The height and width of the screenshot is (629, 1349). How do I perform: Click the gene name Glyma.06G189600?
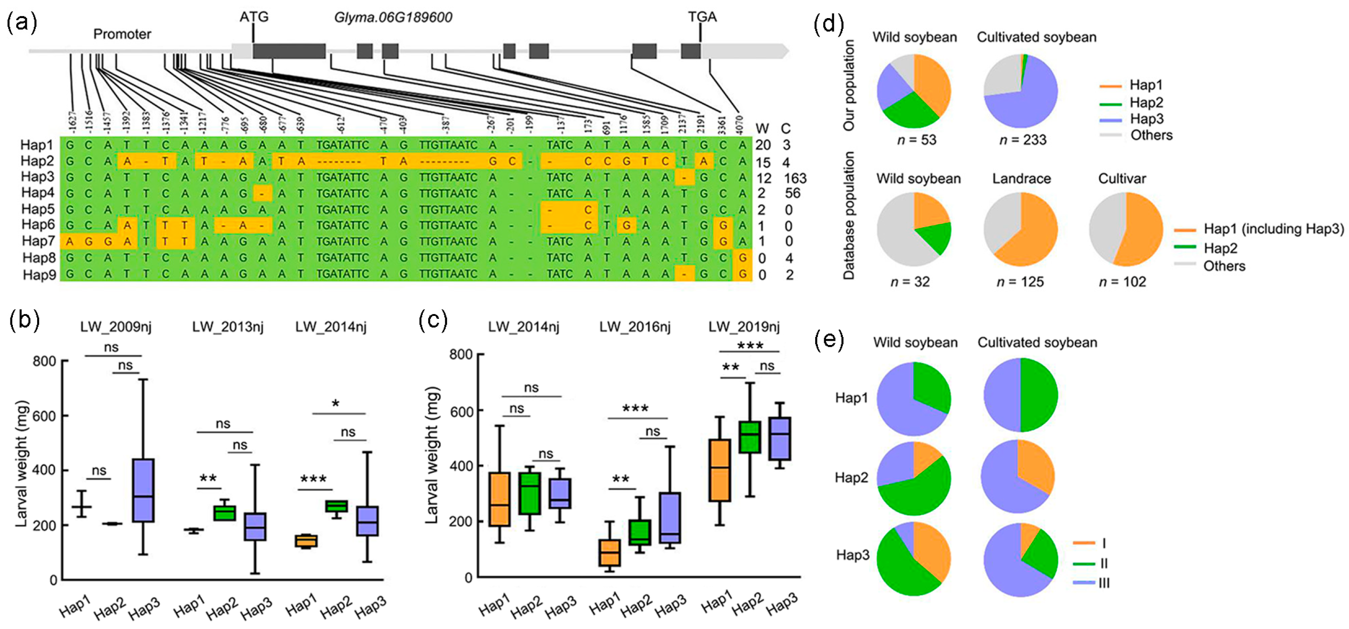pos(393,17)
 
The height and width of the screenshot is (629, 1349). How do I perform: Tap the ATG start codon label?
pos(254,17)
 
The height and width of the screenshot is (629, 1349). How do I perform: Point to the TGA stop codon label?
pos(702,17)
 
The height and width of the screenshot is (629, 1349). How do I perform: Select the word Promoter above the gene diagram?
pos(122,34)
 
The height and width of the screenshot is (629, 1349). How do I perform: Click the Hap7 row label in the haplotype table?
pos(38,241)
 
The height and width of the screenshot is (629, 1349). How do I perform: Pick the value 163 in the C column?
pos(795,178)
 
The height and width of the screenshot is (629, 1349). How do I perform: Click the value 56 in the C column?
pos(792,193)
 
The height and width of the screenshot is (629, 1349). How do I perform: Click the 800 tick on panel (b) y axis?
pos(44,361)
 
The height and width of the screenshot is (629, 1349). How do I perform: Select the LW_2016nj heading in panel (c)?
pos(635,327)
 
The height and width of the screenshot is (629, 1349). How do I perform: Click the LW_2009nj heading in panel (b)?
pos(116,327)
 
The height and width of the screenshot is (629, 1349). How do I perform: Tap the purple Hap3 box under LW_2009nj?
pos(143,490)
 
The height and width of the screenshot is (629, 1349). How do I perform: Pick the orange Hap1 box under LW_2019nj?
pos(719,470)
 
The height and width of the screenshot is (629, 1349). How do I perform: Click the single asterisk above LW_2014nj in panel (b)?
pos(335,404)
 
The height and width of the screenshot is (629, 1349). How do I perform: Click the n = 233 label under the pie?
pos(1023,140)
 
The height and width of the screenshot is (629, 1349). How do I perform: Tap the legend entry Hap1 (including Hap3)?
pos(1274,229)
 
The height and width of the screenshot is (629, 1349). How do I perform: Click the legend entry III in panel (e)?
pos(1104,582)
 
